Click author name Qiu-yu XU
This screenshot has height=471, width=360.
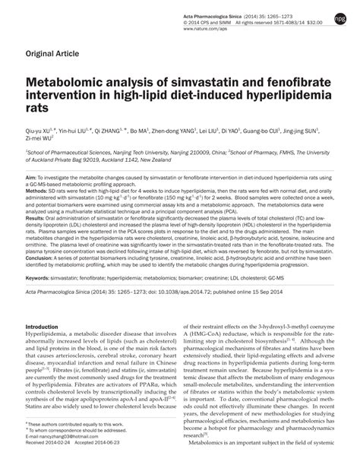[x=41, y=131]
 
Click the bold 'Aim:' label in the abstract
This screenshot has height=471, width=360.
[x=32, y=174]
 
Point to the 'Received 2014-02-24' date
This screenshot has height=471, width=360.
[x=54, y=465]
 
